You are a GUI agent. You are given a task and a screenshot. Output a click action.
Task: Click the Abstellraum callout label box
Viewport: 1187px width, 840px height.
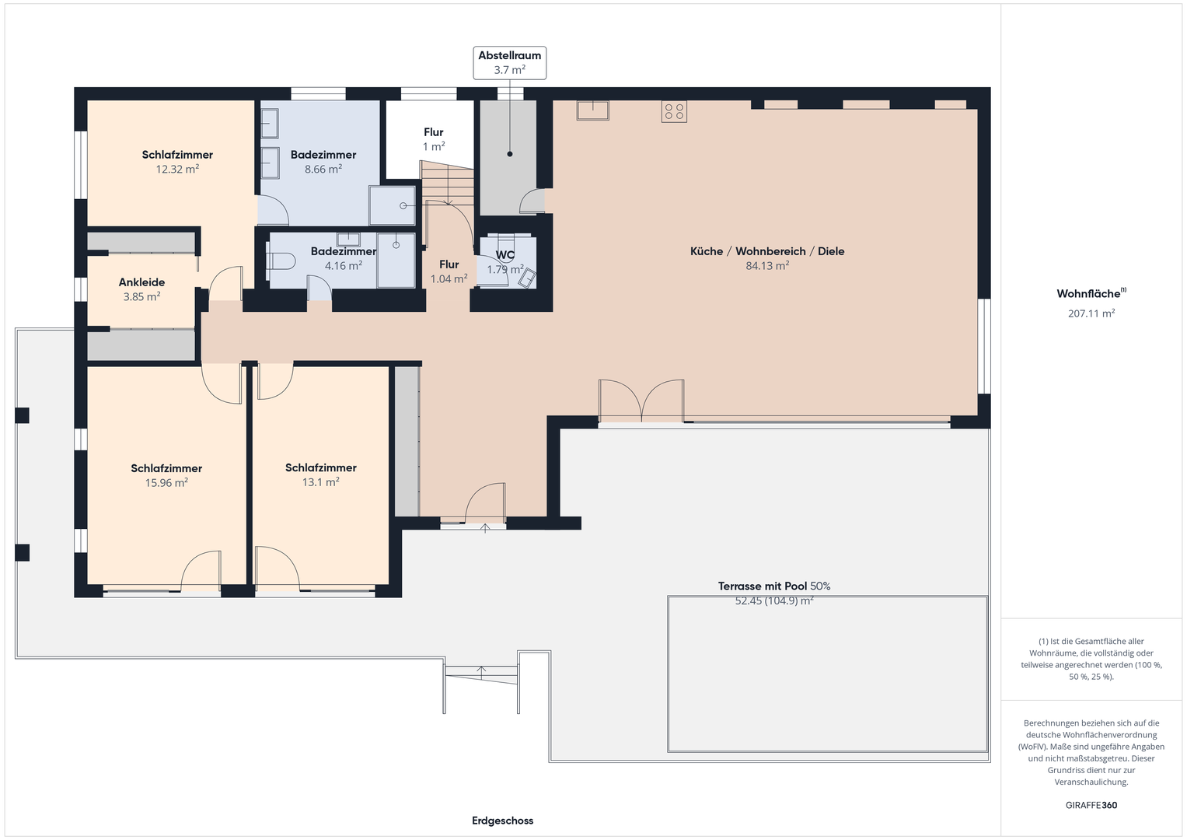[x=509, y=62]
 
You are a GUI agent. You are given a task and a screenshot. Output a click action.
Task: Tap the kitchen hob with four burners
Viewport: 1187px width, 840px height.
[x=674, y=111]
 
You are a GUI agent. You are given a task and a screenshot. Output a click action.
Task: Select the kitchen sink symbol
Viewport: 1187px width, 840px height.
[x=592, y=110]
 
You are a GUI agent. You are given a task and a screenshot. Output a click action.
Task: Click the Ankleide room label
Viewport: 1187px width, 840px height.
[x=141, y=282]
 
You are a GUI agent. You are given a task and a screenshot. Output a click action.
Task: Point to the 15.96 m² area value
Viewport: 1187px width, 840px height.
[x=166, y=482]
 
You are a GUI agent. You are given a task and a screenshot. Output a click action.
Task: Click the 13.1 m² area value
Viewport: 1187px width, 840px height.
[x=320, y=482]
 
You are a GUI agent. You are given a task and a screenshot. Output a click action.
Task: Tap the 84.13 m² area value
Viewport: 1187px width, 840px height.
[x=767, y=266]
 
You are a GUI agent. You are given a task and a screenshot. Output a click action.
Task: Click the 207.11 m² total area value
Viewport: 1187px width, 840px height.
[x=1091, y=313]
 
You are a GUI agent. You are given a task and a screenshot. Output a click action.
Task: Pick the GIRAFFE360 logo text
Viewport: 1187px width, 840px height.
[x=1091, y=805]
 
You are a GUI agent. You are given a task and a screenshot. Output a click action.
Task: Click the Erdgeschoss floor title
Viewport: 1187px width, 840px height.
[x=502, y=821]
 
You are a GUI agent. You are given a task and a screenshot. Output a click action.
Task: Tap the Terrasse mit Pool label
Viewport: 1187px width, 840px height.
[x=763, y=586]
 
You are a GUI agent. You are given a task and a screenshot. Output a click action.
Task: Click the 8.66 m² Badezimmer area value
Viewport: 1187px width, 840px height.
[x=323, y=170]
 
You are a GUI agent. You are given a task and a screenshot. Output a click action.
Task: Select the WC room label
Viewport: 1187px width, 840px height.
[x=504, y=255]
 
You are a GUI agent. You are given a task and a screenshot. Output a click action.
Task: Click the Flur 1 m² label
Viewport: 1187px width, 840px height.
[x=434, y=139]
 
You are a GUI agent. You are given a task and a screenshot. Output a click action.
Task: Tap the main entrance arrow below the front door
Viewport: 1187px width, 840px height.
[x=485, y=528]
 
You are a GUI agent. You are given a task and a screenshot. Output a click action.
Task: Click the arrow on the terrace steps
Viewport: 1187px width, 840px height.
[x=481, y=673]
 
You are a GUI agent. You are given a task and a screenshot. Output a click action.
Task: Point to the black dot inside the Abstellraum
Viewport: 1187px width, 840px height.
[x=510, y=154]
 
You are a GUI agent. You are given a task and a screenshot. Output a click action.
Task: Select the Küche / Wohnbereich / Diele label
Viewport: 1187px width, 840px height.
[x=767, y=251]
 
